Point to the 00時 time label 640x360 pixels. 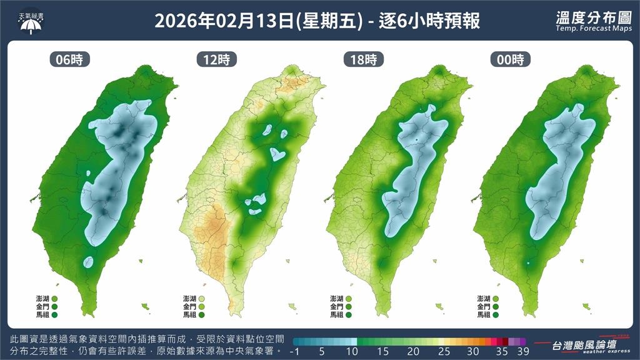pos(510,60)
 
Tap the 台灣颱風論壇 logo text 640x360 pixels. pos(584,344)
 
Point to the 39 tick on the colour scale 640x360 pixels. pos(522,351)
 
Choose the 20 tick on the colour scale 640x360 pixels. pos(414,351)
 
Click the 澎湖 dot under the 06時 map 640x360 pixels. pos(55,299)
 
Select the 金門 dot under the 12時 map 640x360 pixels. pos(201,307)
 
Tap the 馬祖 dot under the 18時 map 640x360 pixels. pos(349,315)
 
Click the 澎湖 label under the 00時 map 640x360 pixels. pos(483,299)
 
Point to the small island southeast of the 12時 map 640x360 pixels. pos(291,306)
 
